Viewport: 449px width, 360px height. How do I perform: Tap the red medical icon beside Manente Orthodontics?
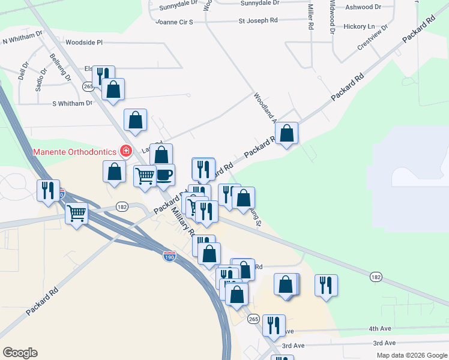pyautogui.click(x=126, y=151)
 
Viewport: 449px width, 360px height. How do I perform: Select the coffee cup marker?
pyautogui.click(x=164, y=175)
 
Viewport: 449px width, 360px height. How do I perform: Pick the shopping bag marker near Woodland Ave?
pyautogui.click(x=288, y=133)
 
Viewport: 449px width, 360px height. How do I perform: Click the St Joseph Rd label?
pyautogui.click(x=258, y=20)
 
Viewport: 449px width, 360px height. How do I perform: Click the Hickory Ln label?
pyautogui.click(x=359, y=26)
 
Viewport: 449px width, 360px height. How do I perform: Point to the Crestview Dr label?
pyautogui.click(x=373, y=37)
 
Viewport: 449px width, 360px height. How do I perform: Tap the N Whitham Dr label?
pyautogui.click(x=23, y=40)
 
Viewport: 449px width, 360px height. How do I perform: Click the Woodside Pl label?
pyautogui.click(x=85, y=43)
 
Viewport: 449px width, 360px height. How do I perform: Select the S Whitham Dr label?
pyautogui.click(x=73, y=103)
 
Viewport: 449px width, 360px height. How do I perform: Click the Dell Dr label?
pyautogui.click(x=23, y=72)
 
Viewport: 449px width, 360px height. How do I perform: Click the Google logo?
pyautogui.click(x=20, y=353)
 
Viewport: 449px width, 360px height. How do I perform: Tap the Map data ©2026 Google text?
pyautogui.click(x=412, y=355)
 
